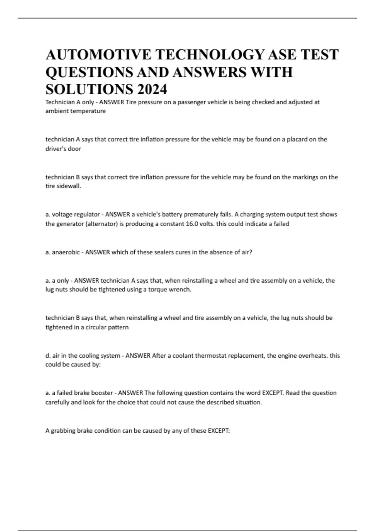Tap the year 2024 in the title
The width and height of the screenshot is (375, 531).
coord(152,90)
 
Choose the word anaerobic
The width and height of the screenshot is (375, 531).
coord(66,252)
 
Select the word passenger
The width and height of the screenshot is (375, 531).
coord(191,102)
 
